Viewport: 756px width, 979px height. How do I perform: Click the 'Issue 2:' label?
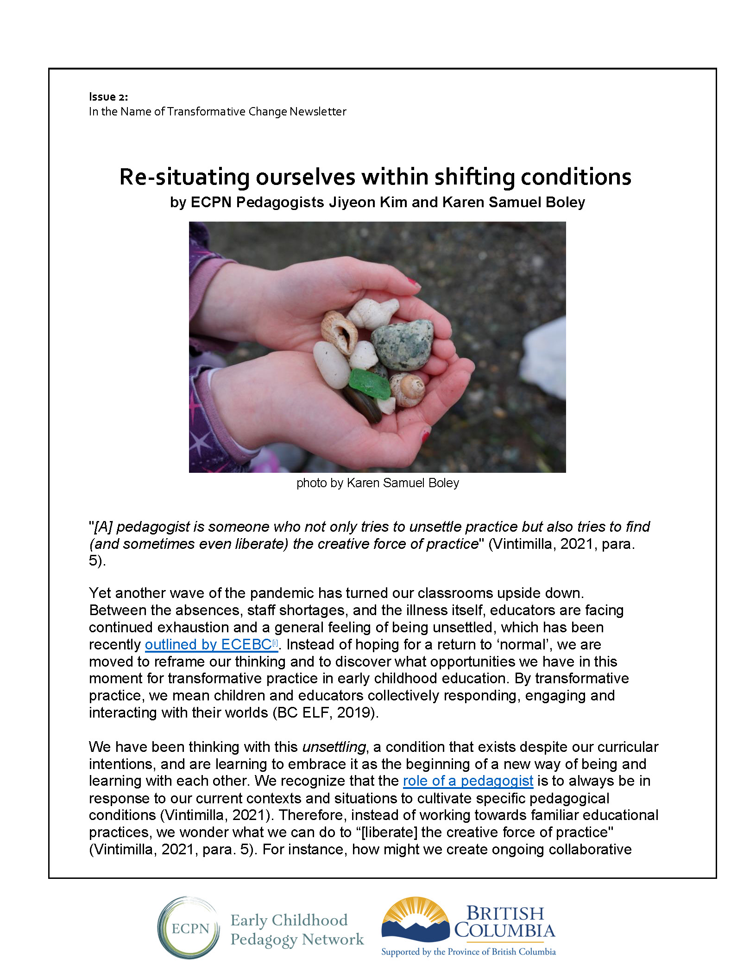click(108, 97)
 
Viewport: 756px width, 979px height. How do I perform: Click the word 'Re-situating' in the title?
click(184, 177)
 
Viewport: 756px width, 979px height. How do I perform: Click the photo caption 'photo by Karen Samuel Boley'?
click(378, 483)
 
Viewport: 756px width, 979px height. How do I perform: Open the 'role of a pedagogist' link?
click(468, 781)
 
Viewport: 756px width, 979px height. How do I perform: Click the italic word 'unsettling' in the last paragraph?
click(334, 747)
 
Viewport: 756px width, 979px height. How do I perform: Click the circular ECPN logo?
click(189, 928)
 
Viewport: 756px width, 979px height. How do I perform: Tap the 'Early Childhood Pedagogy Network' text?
click(296, 929)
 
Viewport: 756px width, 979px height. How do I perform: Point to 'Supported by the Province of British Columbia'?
click(468, 952)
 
